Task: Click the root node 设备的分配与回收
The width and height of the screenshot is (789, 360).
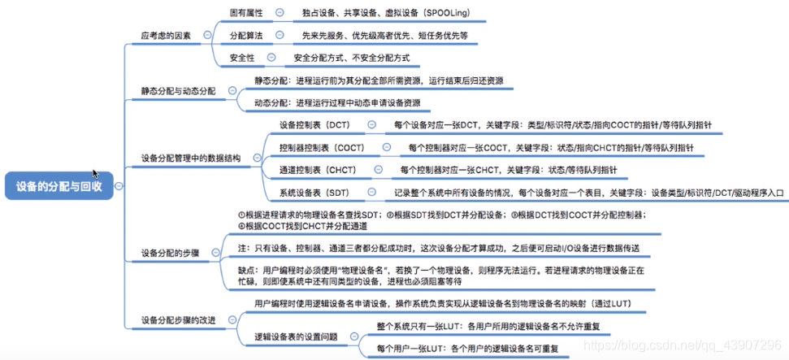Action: (59, 186)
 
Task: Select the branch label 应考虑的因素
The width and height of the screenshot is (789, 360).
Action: (167, 35)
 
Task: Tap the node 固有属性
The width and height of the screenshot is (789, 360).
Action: (247, 13)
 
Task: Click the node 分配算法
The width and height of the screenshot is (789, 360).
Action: (247, 36)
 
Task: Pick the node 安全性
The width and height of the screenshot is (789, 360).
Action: (242, 58)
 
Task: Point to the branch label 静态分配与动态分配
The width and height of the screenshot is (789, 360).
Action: (178, 91)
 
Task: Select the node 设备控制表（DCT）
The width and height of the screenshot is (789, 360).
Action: (314, 125)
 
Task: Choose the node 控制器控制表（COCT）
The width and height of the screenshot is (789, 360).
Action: (322, 148)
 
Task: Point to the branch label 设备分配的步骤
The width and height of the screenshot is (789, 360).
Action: (172, 253)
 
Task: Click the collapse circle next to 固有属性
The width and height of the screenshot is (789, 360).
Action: (279, 13)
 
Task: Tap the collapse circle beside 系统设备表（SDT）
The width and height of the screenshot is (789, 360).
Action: (371, 193)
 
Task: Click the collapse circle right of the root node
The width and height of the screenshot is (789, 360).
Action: (119, 186)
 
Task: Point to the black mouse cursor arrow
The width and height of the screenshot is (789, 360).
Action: (96, 174)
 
